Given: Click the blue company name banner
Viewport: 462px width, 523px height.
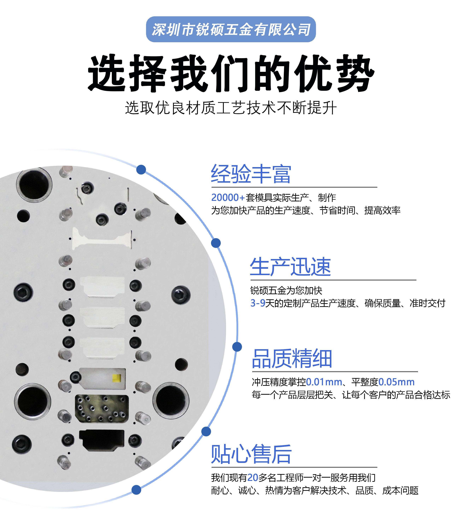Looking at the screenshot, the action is coord(231,29).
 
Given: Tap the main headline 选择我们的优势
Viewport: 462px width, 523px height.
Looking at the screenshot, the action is coord(231,73).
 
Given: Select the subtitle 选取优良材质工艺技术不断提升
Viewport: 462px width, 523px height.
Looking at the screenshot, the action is coord(231,108).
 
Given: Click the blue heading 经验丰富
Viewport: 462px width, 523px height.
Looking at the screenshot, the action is coord(251,174).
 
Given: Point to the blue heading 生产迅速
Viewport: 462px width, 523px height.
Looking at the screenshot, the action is coord(290,267).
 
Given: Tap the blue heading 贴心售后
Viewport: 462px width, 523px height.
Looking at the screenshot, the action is coord(251,454).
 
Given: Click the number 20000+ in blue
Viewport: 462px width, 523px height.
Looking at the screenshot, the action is coord(228,197).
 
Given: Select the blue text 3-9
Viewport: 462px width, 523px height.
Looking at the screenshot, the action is coord(258,303).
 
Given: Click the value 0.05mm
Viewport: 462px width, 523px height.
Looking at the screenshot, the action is coord(396,382).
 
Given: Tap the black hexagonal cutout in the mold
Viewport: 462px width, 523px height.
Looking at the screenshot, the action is coord(102,440).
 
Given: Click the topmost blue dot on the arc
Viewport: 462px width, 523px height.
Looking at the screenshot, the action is coord(141,170).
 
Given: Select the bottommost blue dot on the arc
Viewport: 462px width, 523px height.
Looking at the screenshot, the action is coord(136,490).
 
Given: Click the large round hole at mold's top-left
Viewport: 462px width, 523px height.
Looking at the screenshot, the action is coord(34,185).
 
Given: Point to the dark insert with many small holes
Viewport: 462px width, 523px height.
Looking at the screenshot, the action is coord(102,409).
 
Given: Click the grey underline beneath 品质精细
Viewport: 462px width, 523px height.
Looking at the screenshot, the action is coord(335,371).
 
